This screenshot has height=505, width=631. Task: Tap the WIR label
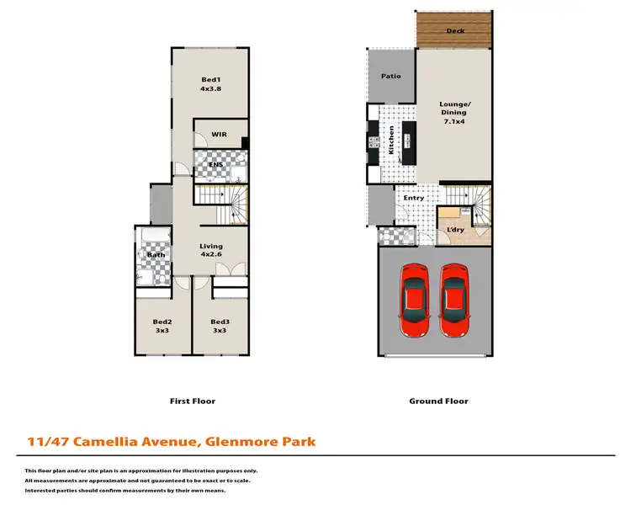tap(219, 134)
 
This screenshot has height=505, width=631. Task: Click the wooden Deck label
tap(455, 31)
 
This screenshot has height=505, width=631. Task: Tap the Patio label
tap(390, 76)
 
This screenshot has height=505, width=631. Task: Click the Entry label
tap(414, 198)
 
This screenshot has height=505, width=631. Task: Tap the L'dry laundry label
tap(455, 230)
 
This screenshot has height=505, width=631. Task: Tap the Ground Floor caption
tap(438, 401)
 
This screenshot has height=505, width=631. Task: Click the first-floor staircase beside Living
tap(223, 205)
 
